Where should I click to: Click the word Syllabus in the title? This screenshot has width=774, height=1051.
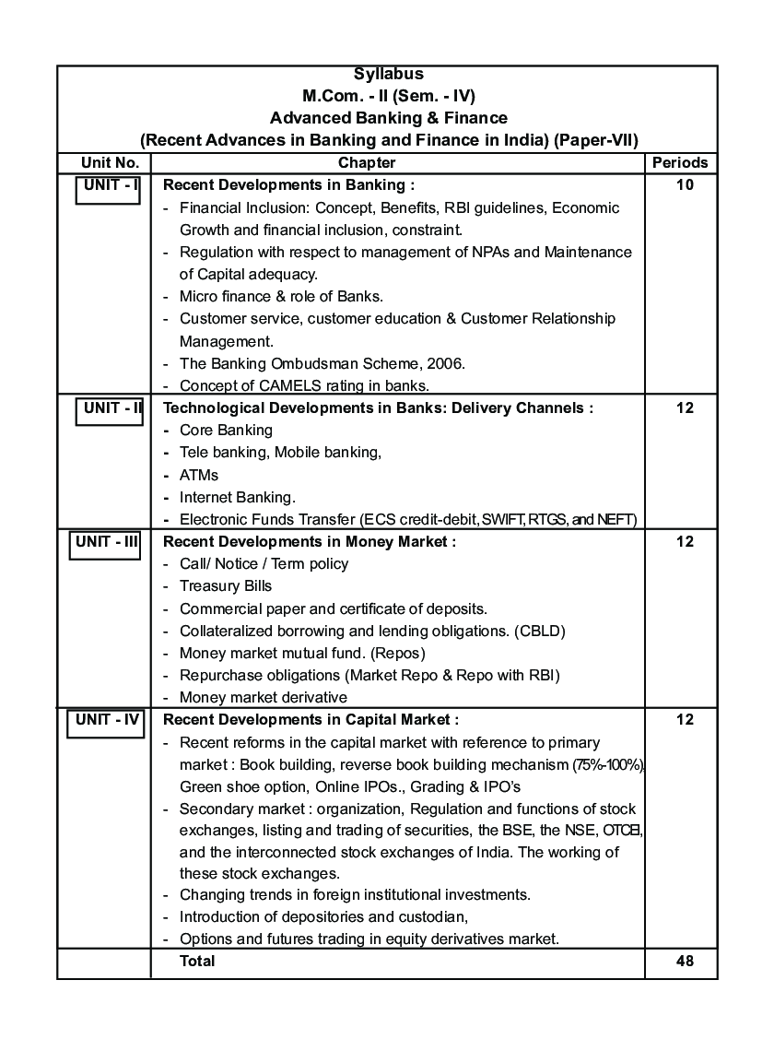pyautogui.click(x=388, y=75)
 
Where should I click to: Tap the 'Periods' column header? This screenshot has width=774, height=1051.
pyautogui.click(x=680, y=163)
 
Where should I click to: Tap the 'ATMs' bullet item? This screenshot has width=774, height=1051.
pyautogui.click(x=199, y=476)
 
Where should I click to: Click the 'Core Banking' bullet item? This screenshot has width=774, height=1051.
pyautogui.click(x=226, y=431)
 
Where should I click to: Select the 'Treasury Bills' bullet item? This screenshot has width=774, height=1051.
pyautogui.click(x=226, y=586)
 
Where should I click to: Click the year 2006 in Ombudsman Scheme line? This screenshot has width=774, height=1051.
pyautogui.click(x=446, y=364)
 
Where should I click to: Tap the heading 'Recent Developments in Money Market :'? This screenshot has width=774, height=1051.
pyautogui.click(x=310, y=542)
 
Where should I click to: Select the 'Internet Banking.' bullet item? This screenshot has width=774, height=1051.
pyautogui.click(x=237, y=498)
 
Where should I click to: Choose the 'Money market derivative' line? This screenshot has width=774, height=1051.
pyautogui.click(x=264, y=698)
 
